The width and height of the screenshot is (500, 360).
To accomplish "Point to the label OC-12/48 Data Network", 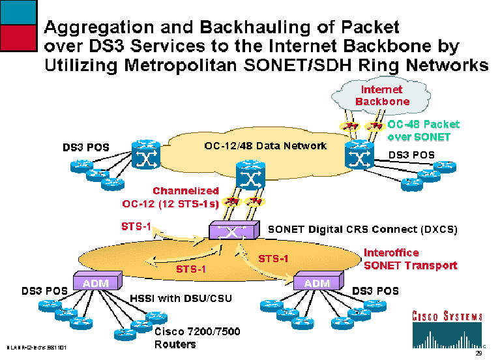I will click(261, 145).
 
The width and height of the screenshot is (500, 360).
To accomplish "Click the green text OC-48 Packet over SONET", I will click(423, 130).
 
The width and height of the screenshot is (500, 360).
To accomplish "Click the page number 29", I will click(478, 353).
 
